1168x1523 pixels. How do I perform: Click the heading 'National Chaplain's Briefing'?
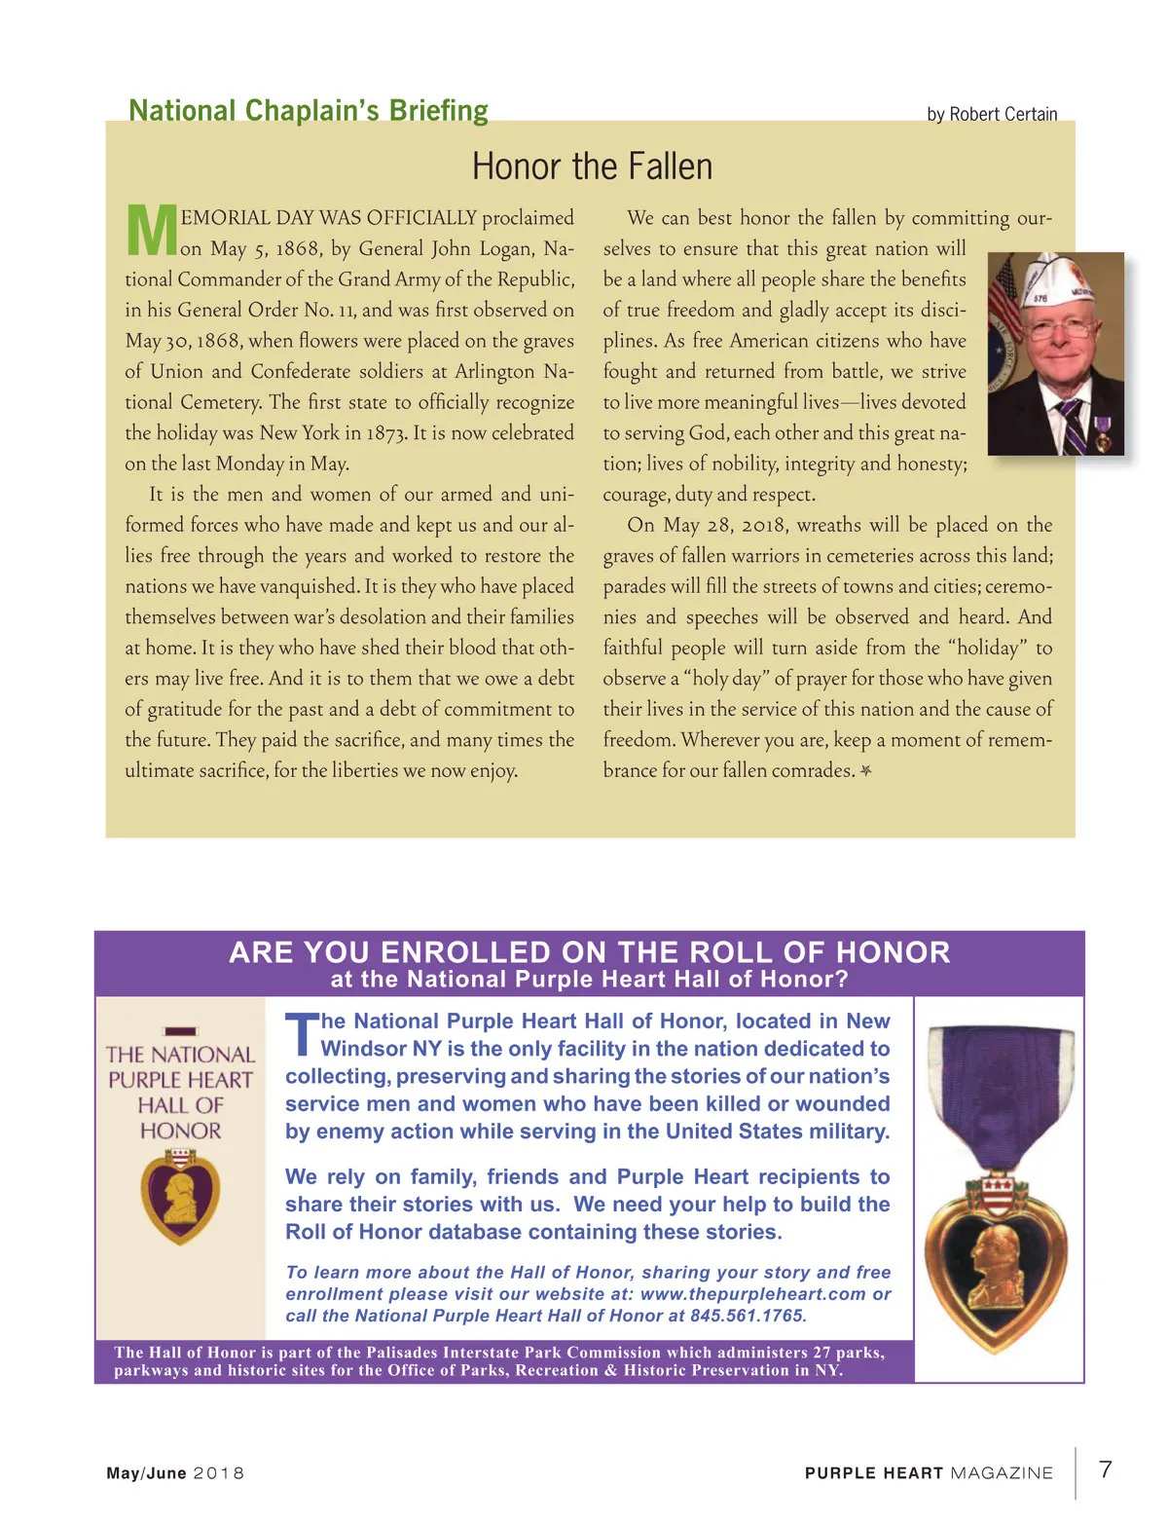[x=309, y=111]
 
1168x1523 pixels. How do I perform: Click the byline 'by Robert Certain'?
[x=992, y=114]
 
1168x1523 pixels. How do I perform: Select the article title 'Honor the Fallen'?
[x=592, y=167]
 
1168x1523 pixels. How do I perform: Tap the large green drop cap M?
[x=151, y=231]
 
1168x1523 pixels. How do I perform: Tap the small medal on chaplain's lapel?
[x=1102, y=433]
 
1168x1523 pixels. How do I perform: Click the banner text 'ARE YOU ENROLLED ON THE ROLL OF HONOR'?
[x=589, y=952]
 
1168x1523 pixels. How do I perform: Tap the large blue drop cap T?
[x=302, y=1035]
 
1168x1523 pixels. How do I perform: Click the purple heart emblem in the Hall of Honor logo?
[x=180, y=1196]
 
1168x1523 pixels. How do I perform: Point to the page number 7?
[x=1106, y=1469]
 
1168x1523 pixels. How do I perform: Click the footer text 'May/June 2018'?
[x=175, y=1473]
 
